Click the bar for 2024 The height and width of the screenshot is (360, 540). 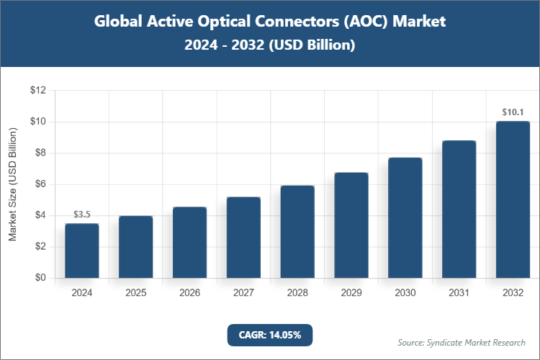82,251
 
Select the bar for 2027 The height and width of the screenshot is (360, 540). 243,238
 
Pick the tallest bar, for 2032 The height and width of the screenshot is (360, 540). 513,199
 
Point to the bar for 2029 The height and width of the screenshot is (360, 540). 351,225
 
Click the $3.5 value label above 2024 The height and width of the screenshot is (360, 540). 82,215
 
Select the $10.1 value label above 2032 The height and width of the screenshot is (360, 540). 513,112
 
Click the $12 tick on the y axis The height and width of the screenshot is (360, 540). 37,91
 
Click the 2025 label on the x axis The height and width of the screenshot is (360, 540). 136,293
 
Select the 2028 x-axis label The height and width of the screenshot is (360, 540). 297,293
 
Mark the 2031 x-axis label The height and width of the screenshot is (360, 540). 459,293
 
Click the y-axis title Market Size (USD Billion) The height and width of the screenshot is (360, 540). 13,184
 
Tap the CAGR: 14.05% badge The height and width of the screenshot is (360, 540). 269,334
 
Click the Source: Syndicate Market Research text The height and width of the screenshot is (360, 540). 462,342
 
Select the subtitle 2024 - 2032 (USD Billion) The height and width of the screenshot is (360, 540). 270,45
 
